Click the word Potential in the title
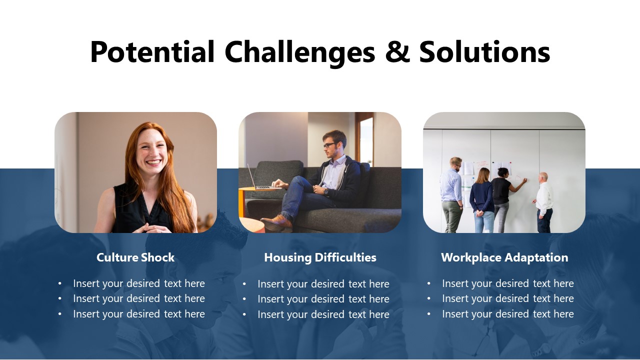pyautogui.click(x=152, y=52)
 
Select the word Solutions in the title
pyautogui.click(x=484, y=52)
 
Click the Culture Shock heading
pyautogui.click(x=135, y=257)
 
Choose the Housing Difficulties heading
pyautogui.click(x=320, y=257)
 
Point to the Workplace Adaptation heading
pyautogui.click(x=504, y=257)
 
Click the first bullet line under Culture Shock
pyautogui.click(x=139, y=283)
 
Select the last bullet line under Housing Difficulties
pyautogui.click(x=323, y=314)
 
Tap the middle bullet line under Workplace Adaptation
pyautogui.click(x=507, y=298)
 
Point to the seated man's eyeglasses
pyautogui.click(x=329, y=145)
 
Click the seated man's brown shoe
pyautogui.click(x=276, y=221)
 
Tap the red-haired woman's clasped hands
pyautogui.click(x=151, y=227)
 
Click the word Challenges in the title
pyautogui.click(x=299, y=52)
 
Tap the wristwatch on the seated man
pyautogui.click(x=325, y=190)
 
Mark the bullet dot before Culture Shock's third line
pyautogui.click(x=60, y=314)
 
